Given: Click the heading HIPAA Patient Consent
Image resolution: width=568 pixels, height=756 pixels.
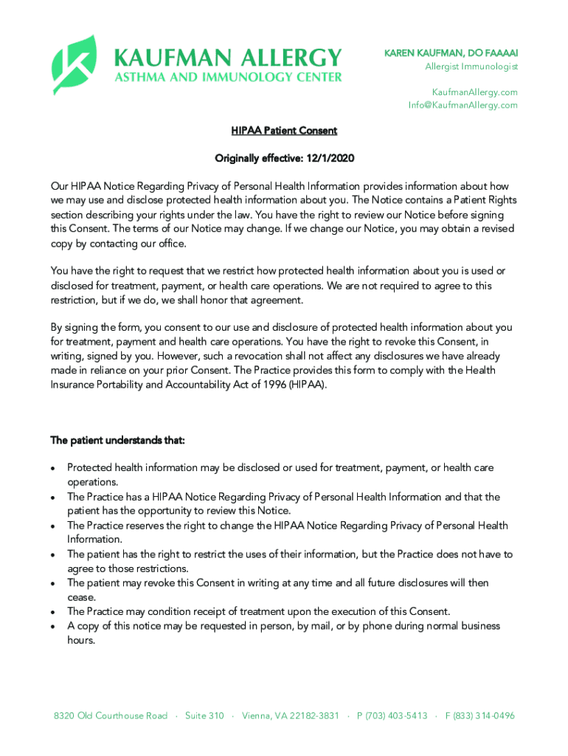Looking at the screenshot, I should click(x=284, y=131).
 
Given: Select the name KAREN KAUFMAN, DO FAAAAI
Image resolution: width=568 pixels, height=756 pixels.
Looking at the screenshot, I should click(x=451, y=53).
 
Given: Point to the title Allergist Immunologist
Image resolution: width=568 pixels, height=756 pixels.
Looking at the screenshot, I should click(x=471, y=67).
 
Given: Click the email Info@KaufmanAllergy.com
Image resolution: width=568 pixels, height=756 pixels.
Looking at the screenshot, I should click(x=463, y=105).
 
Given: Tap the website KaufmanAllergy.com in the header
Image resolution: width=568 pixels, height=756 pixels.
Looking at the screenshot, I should click(x=474, y=92).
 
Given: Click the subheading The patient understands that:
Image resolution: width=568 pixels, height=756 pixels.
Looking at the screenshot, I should click(x=117, y=441).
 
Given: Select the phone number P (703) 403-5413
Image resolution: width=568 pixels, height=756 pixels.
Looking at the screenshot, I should click(x=392, y=716).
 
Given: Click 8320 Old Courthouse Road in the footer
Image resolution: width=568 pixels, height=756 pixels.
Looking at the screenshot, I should click(x=111, y=716).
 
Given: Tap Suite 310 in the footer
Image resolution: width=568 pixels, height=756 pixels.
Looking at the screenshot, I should click(x=204, y=716).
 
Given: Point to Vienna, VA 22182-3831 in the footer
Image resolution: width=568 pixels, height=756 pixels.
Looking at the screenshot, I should click(x=291, y=716).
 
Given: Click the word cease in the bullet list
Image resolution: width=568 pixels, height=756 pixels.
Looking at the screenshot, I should click(x=80, y=597).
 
